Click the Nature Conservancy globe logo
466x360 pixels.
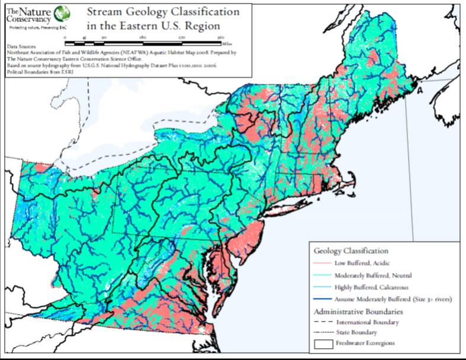[60, 13]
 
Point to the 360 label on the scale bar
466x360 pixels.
[220, 37]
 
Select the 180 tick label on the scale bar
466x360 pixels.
[143, 37]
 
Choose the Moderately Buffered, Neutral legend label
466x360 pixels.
[373, 275]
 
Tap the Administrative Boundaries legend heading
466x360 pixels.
[358, 311]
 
